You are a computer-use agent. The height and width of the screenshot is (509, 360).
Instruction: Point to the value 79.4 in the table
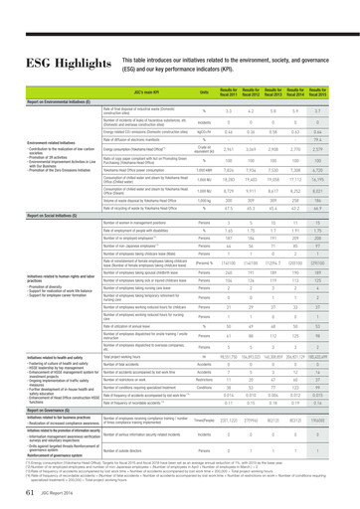click(339, 139)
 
